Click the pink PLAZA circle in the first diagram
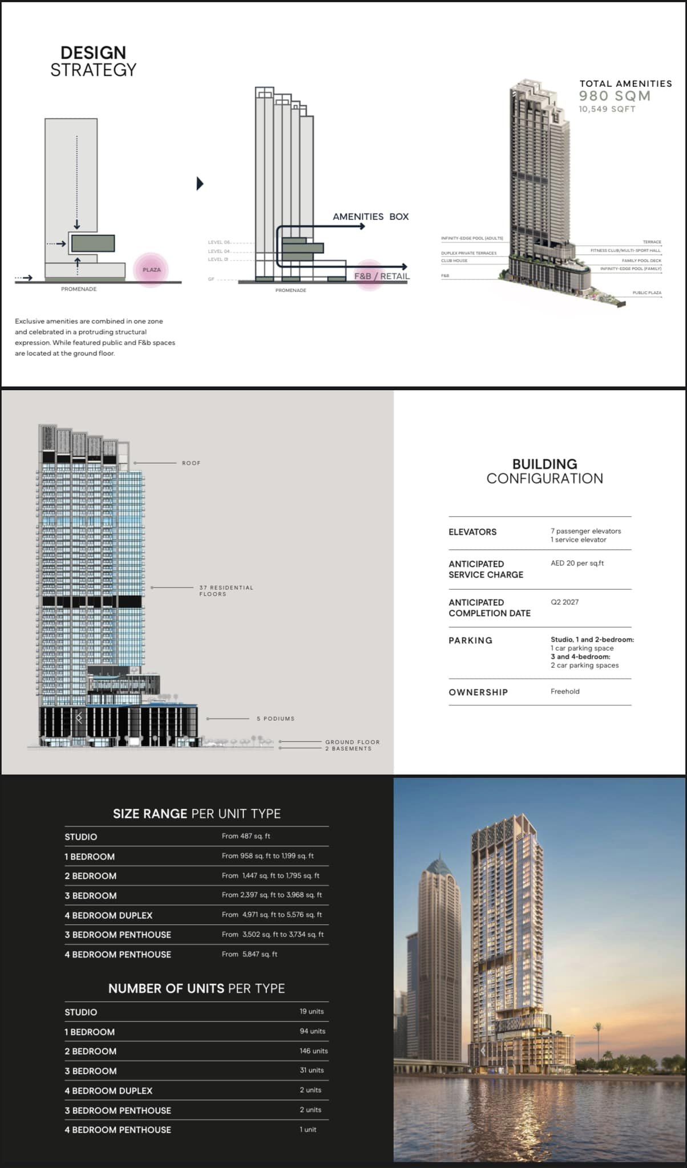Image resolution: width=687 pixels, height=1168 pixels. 151,270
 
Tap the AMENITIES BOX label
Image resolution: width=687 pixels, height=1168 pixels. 370,217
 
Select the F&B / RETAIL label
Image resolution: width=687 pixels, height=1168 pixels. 382,276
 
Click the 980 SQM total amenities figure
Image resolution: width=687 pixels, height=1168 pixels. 615,96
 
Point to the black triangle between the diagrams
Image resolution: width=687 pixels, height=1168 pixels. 200,184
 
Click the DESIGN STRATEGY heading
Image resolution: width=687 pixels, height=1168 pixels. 94,61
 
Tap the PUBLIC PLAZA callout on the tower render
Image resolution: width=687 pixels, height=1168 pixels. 646,293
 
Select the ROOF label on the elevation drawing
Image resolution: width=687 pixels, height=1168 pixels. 191,463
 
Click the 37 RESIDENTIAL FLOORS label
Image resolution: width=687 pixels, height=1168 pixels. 226,591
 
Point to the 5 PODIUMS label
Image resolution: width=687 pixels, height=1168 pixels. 276,719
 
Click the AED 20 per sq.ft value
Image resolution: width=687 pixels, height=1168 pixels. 577,563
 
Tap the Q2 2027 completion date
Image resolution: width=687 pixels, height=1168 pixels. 564,602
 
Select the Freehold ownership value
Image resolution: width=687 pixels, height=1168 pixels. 565,691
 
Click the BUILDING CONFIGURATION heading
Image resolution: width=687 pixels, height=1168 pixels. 544,471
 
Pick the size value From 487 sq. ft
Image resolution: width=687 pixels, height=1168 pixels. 246,836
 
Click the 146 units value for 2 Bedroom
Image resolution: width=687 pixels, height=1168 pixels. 313,1051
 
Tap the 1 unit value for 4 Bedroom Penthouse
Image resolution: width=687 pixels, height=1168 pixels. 308,1129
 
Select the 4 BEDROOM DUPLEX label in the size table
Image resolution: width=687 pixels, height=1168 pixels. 108,915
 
